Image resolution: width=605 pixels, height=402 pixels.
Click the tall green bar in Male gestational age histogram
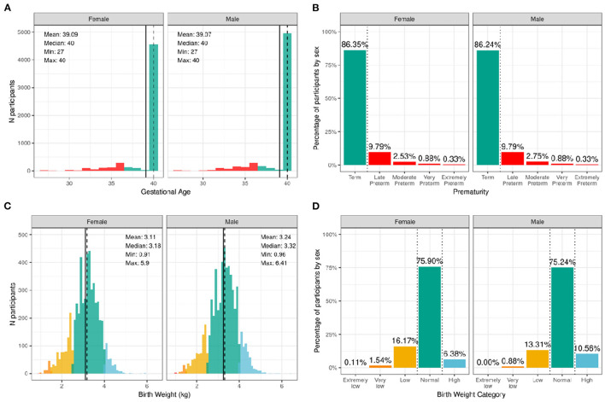point(288,102)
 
